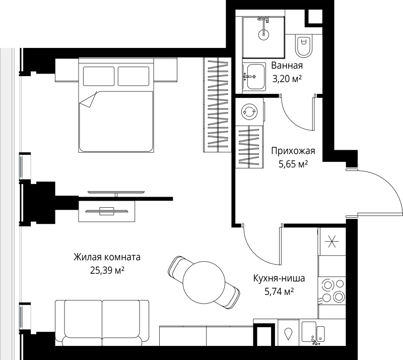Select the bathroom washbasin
[255, 77]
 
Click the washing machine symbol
[249, 111]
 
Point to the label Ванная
[287, 66]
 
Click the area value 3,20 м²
[287, 79]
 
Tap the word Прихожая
[293, 151]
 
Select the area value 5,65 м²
[293, 164]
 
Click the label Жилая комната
[107, 257]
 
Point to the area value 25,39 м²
[107, 270]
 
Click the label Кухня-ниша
[279, 278]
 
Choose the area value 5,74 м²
[279, 291]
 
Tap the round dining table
[204, 282]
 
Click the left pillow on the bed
[99, 76]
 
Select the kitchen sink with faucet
[313, 332]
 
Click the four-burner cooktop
[332, 291]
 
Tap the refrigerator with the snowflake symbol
[332, 242]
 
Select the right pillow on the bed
[133, 76]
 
